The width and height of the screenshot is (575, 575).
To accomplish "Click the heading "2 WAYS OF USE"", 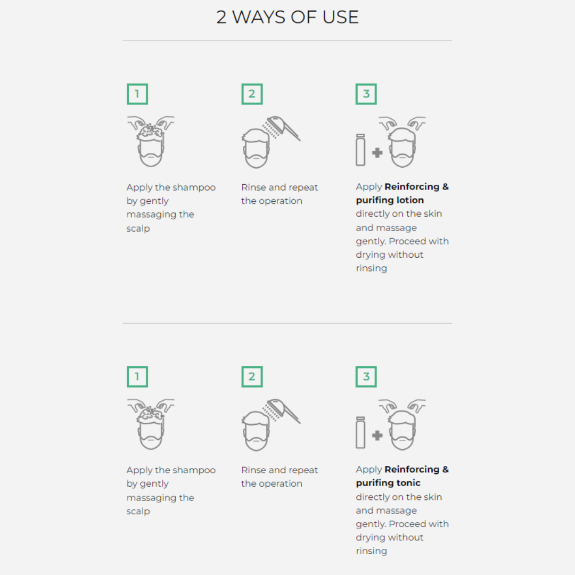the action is click(x=287, y=17).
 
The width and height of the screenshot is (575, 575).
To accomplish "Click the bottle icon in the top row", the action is click(x=360, y=150).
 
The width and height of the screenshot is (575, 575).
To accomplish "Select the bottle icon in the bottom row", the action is click(x=360, y=432).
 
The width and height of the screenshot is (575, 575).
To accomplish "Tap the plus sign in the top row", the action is click(x=377, y=153).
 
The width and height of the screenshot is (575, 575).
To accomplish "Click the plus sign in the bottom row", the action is click(x=377, y=436).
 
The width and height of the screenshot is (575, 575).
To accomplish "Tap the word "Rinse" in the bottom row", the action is click(x=253, y=470).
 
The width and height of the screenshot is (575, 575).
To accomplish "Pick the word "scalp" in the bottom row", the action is click(x=138, y=512).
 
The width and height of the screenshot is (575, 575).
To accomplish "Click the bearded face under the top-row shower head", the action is click(x=256, y=149).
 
